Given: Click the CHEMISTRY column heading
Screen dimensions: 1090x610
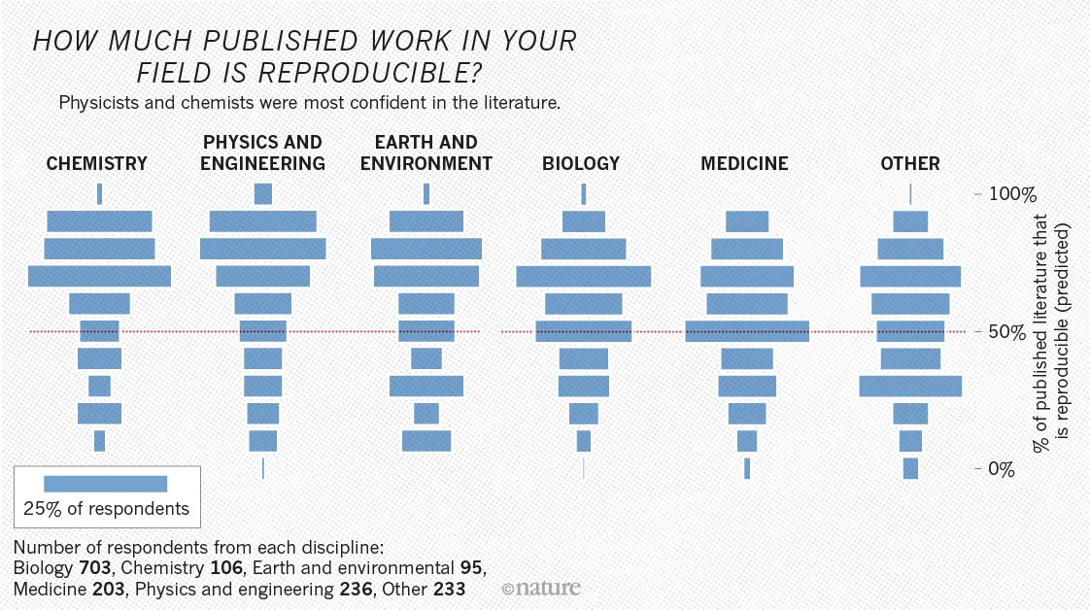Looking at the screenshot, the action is pyautogui.click(x=96, y=164).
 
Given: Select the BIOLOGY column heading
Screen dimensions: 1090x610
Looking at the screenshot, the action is pyautogui.click(x=580, y=164).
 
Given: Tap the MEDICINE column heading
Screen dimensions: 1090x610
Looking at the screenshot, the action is pyautogui.click(x=744, y=164).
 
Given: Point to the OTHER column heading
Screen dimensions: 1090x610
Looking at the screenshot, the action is pyautogui.click(x=910, y=164).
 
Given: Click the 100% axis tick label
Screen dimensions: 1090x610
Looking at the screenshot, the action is pyautogui.click(x=1012, y=194).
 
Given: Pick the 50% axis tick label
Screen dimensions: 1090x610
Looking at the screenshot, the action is pyautogui.click(x=1007, y=332).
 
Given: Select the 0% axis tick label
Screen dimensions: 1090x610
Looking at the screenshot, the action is pyautogui.click(x=1002, y=470).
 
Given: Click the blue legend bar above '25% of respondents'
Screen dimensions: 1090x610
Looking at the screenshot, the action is pyautogui.click(x=106, y=484).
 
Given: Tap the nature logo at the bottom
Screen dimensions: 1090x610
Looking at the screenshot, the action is pyautogui.click(x=541, y=588).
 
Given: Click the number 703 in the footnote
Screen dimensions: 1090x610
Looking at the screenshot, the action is pyautogui.click(x=94, y=567).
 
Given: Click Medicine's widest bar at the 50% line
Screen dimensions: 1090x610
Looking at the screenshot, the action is pyautogui.click(x=747, y=331).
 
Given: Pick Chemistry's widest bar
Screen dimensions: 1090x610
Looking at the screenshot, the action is pyautogui.click(x=99, y=277).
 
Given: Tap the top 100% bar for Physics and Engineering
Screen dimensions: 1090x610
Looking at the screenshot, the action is pyautogui.click(x=262, y=194).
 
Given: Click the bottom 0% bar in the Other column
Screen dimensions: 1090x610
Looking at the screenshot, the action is pyautogui.click(x=910, y=468).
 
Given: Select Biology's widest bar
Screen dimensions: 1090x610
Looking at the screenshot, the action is pyautogui.click(x=584, y=277).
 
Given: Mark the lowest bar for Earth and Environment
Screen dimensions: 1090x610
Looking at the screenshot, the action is pyautogui.click(x=426, y=441).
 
